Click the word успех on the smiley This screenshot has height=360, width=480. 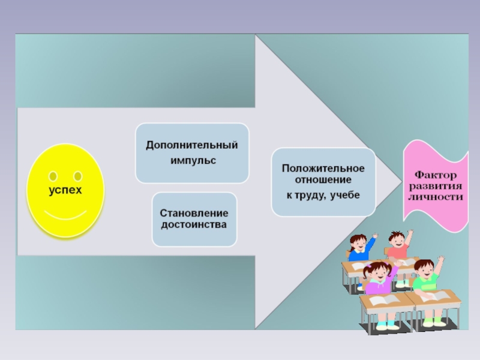point(65,190)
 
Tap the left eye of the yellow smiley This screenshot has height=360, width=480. point(53,176)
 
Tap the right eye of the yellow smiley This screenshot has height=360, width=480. point(77,176)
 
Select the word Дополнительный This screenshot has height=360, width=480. point(192,146)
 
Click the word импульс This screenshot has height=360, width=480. point(192,161)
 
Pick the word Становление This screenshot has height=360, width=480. point(194,214)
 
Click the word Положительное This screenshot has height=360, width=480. point(323,169)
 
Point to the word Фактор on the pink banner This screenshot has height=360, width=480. point(436,175)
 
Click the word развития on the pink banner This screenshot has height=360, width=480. point(436,185)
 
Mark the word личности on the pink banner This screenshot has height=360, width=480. point(436,196)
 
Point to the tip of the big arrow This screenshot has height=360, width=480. point(400,181)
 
